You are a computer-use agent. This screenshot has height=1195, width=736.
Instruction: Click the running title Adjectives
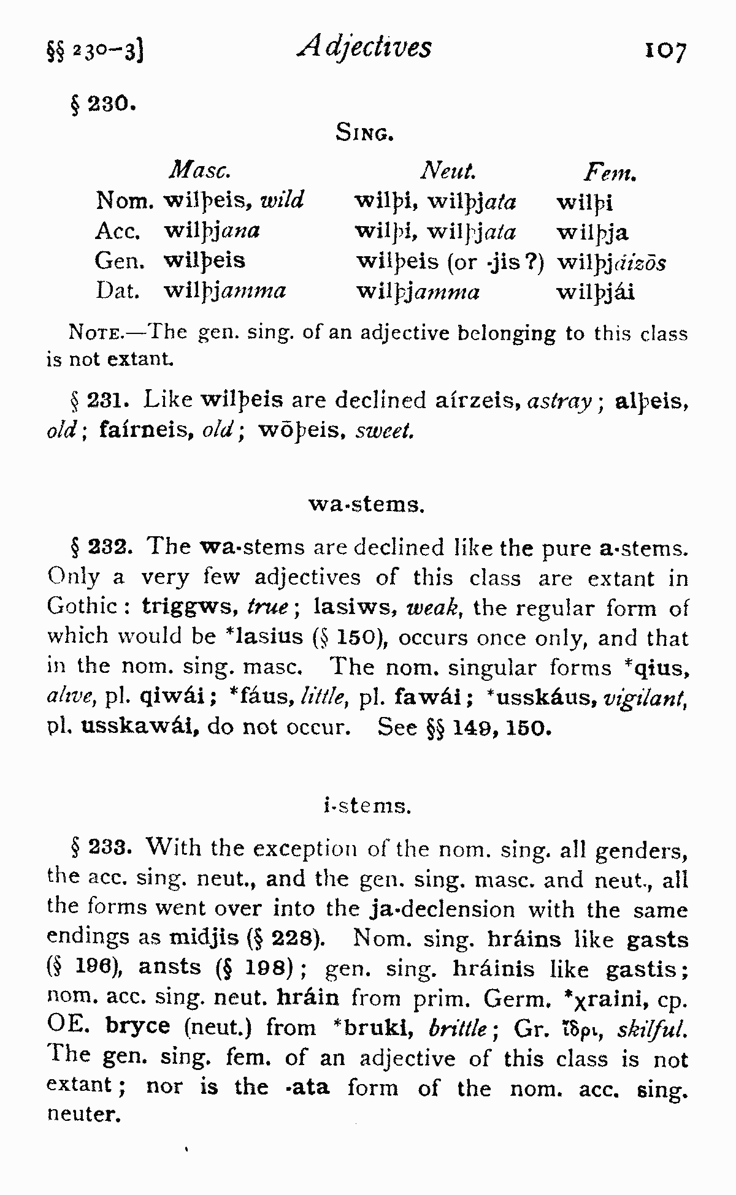(365, 47)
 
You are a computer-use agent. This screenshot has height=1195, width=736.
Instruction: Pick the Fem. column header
(610, 173)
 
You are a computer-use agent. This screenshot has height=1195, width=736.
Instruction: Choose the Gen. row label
(119, 261)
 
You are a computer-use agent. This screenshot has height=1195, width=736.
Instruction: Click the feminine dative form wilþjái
(595, 292)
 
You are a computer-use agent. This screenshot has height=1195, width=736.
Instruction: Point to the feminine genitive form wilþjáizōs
(611, 263)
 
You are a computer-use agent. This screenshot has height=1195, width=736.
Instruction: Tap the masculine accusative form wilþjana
(212, 231)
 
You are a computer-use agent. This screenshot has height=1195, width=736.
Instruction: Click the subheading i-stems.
(367, 806)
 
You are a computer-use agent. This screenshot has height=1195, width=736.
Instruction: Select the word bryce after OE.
(137, 1026)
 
